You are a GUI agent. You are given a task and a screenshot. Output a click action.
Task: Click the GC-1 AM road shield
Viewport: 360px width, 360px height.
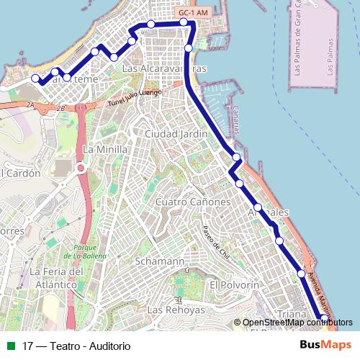tap(192, 13)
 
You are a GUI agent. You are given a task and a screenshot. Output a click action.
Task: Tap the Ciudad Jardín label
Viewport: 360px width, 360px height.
tap(176, 134)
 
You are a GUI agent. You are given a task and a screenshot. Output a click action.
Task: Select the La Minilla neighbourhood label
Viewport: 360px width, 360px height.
tap(105, 149)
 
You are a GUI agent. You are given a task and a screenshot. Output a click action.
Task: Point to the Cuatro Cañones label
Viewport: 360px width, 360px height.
tap(193, 202)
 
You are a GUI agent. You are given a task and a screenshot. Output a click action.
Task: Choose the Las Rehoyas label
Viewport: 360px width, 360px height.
tap(176, 310)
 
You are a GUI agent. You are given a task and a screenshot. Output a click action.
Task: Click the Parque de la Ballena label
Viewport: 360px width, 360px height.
tap(90, 252)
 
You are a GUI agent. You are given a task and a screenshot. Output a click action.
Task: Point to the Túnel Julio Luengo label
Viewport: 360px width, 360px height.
tap(135, 98)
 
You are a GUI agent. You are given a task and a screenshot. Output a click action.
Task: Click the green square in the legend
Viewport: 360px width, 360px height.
tap(11, 346)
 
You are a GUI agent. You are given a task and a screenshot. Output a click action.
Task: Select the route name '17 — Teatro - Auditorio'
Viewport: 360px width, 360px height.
tap(76, 346)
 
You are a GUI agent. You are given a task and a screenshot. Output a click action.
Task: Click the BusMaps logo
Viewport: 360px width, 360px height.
tap(325, 345)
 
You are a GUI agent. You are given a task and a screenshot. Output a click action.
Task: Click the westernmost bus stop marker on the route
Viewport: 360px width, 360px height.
tap(36, 78)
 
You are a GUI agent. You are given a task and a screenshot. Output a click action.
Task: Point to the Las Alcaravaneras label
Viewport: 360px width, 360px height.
tap(165, 69)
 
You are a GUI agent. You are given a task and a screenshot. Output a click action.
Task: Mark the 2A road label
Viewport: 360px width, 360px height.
tap(30, 105)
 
